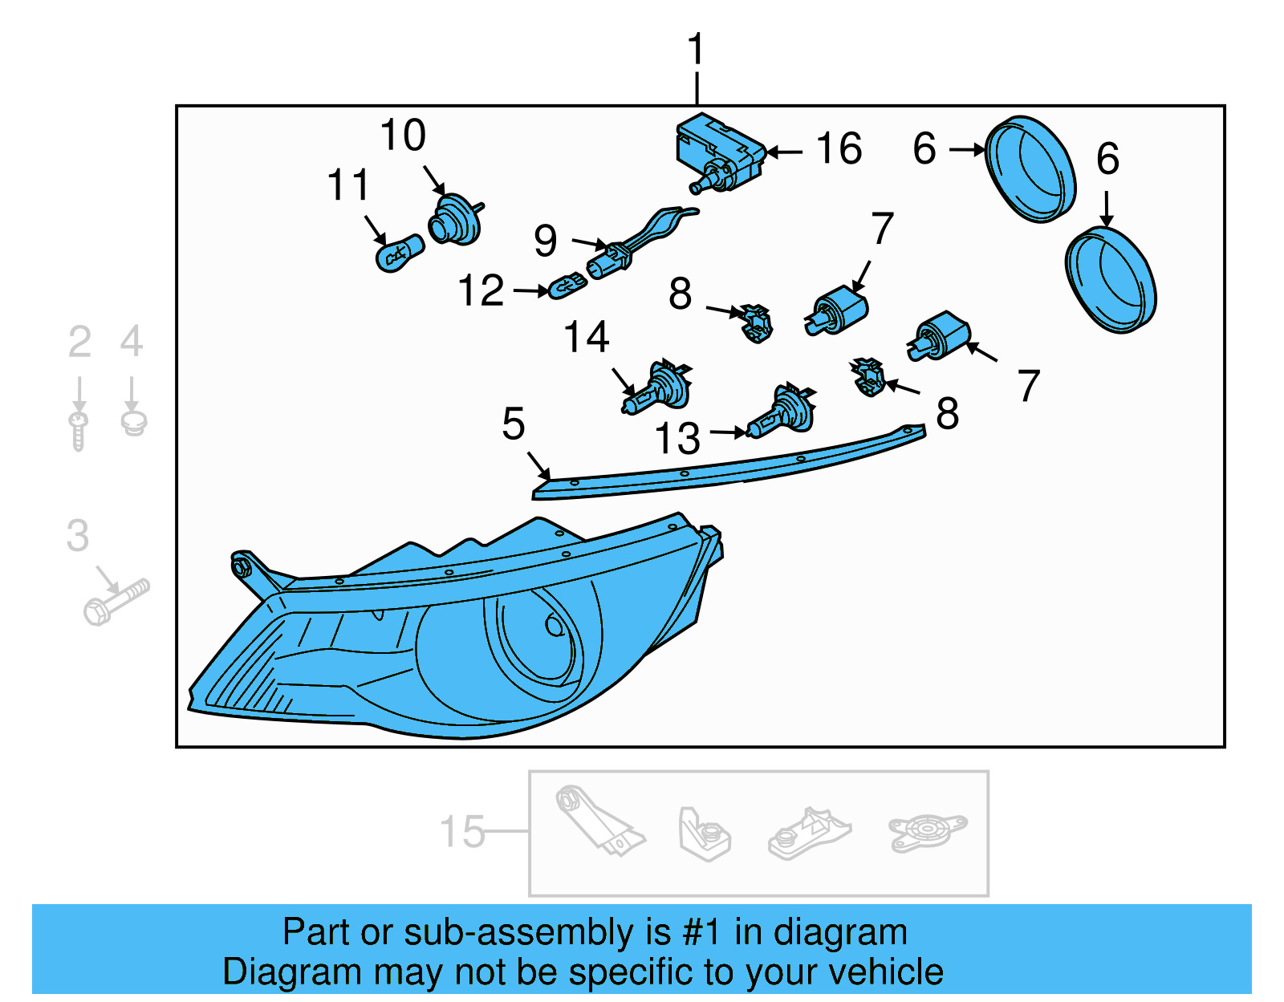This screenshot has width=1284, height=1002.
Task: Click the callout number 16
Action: coord(839,149)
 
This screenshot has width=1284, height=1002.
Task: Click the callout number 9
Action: coord(546,241)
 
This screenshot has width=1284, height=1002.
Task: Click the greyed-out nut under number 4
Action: coord(133,422)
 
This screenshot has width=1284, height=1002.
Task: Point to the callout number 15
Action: coord(462,831)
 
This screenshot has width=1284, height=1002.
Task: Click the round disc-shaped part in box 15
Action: coord(927,830)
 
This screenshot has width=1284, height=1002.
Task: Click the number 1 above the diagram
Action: coord(696,50)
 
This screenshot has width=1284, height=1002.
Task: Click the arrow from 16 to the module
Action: coord(784,151)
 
